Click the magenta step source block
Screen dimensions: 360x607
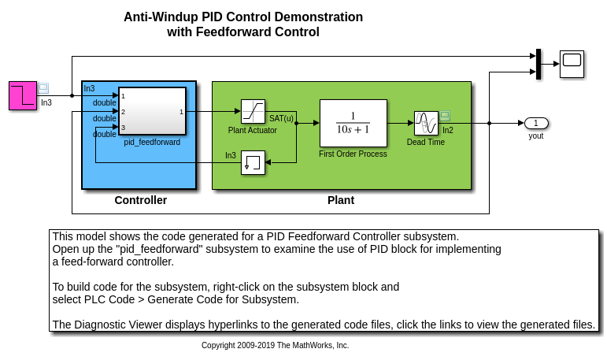point(23,95)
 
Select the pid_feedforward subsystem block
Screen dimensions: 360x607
point(152,112)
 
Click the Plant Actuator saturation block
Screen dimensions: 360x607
point(253,111)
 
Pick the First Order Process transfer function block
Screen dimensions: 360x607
point(353,123)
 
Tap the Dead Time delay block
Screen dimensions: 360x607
point(426,123)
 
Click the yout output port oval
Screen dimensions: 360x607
point(536,123)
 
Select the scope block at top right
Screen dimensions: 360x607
point(572,63)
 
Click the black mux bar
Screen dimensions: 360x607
point(538,64)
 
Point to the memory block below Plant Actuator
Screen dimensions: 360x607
point(253,163)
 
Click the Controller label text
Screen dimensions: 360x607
point(141,200)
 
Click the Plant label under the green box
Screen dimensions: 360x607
point(341,200)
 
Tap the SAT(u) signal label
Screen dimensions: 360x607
point(281,119)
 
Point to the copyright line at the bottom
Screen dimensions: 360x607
point(275,346)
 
